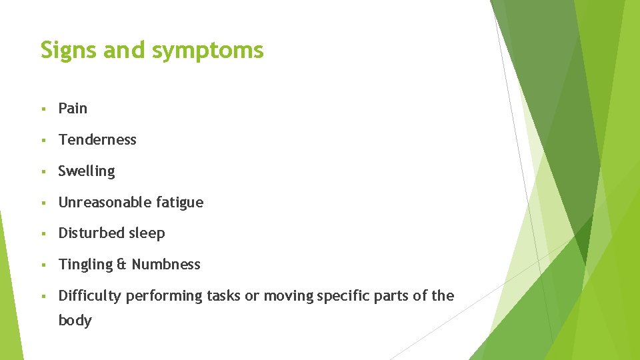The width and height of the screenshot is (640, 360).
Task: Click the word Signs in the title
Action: coord(69,51)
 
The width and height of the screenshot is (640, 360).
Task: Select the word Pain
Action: coord(73,108)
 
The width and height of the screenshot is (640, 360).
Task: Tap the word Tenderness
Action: coord(97,139)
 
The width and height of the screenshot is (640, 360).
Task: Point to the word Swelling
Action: coord(87,171)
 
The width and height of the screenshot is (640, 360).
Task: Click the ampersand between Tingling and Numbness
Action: coord(121,265)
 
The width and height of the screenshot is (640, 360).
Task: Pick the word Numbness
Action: coord(165,265)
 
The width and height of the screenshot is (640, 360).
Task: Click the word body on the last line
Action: coord(75,321)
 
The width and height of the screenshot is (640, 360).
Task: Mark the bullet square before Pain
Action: coord(43,109)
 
